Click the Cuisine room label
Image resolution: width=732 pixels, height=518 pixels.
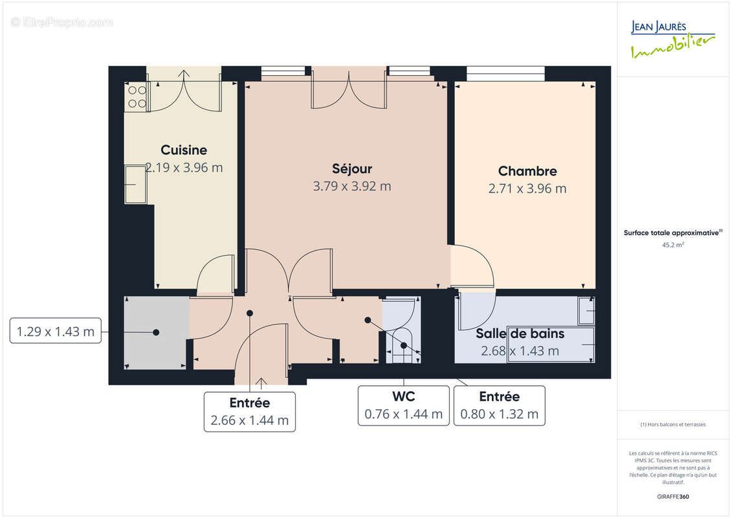(x=184, y=150)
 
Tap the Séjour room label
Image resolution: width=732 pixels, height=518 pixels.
(x=351, y=169)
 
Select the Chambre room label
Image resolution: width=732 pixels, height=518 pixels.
(x=527, y=172)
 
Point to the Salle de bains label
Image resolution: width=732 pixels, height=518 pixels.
(x=520, y=334)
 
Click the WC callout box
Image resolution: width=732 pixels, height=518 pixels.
(x=403, y=405)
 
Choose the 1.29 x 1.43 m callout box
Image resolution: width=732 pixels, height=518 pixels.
(x=56, y=333)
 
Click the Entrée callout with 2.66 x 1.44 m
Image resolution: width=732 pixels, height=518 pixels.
(x=249, y=411)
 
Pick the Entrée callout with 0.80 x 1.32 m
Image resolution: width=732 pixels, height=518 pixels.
(x=499, y=405)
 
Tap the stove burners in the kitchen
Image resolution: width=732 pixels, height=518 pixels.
(x=137, y=96)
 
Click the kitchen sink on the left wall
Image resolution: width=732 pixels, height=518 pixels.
(x=135, y=185)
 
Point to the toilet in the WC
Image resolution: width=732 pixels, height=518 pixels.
(x=404, y=343)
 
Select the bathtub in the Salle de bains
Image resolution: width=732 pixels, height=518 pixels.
(x=550, y=344)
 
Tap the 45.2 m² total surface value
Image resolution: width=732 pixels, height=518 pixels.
(x=673, y=245)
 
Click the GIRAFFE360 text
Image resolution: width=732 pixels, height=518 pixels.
(x=673, y=497)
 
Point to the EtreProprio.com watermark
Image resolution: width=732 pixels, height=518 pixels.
(x=62, y=22)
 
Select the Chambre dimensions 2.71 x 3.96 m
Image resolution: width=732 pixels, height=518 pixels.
(x=527, y=188)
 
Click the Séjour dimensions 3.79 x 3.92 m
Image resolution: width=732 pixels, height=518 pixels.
(x=351, y=186)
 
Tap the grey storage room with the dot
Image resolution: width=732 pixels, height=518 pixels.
(x=156, y=333)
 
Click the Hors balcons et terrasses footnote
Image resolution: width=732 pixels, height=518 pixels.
(x=673, y=425)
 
